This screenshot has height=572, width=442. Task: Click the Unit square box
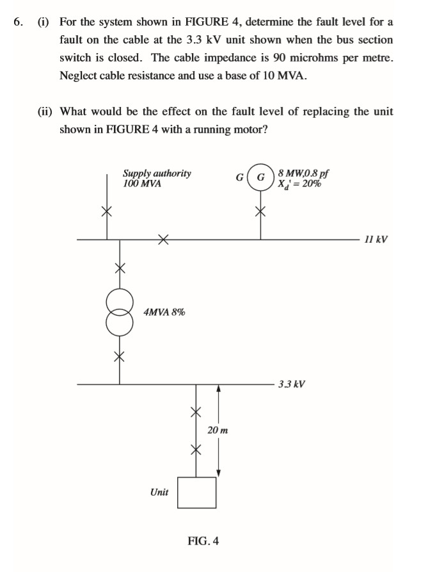(x=196, y=493)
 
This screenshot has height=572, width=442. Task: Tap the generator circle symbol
(x=261, y=177)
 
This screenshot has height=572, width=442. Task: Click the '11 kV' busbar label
(x=375, y=240)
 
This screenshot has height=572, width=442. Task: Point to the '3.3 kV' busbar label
(x=292, y=384)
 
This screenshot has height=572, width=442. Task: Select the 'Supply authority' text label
(x=157, y=173)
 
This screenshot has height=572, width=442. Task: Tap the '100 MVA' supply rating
(x=142, y=183)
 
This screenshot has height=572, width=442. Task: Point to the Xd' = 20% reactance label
(x=300, y=183)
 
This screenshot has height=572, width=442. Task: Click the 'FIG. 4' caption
(x=203, y=541)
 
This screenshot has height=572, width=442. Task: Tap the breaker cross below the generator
(x=260, y=211)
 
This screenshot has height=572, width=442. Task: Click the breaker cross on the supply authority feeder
(x=107, y=211)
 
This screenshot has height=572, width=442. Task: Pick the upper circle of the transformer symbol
(x=120, y=301)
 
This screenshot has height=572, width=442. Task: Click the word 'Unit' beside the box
(x=159, y=492)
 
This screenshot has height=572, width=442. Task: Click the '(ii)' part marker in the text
(x=45, y=111)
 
